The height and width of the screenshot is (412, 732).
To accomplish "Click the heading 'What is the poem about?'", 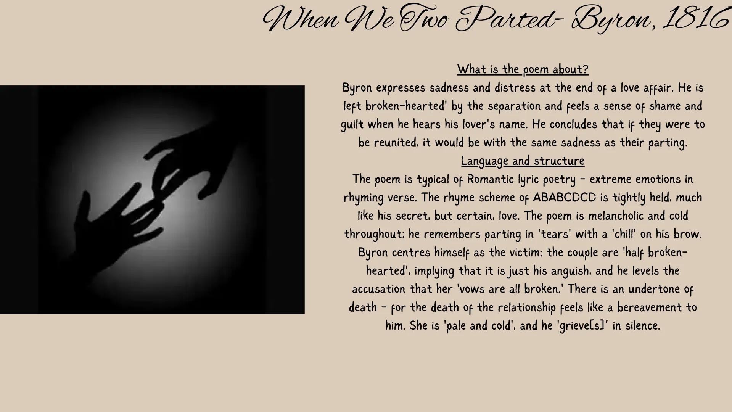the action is coord(523,69).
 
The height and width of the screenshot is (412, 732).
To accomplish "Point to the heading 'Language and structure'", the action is coord(523,161).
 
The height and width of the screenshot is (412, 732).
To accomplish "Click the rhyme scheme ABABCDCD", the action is coord(564,197).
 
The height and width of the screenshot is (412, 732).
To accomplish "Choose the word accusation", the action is coord(379,289).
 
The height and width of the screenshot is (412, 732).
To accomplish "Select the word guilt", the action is coord(352,124).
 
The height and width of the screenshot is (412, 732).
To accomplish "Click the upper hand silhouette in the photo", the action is coord(191,160).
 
